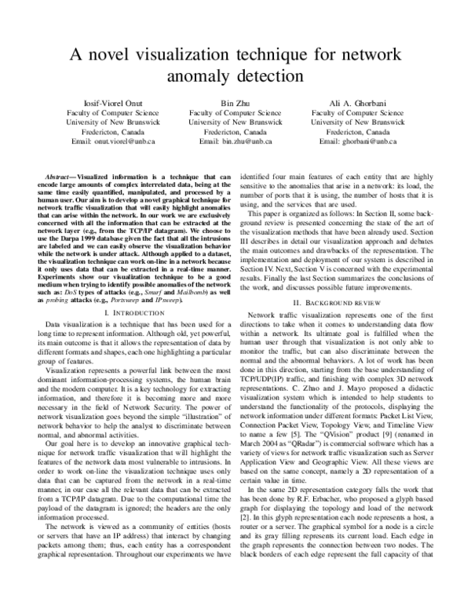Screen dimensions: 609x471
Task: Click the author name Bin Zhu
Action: pos(235,104)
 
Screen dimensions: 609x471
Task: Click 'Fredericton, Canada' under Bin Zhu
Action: pos(235,132)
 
